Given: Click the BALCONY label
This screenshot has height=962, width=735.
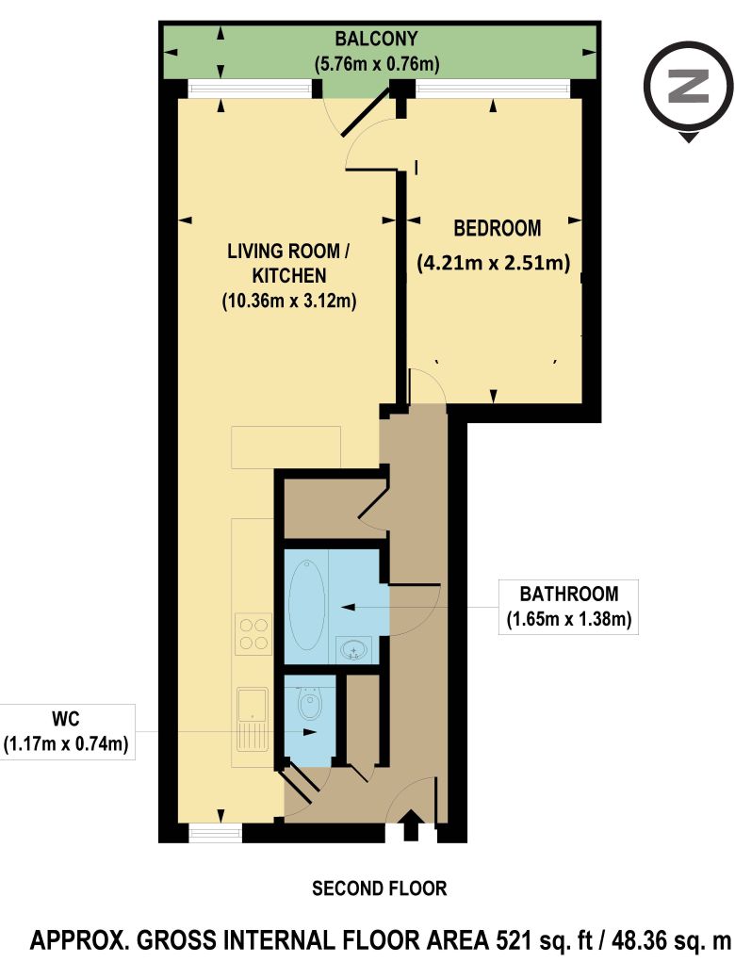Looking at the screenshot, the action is click(x=375, y=39).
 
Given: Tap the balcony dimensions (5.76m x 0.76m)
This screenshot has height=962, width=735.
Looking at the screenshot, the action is click(x=376, y=63).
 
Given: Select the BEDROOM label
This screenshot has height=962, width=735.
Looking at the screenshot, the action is click(x=497, y=228).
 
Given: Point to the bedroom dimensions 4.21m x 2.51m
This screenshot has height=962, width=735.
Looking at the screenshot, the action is click(x=494, y=263).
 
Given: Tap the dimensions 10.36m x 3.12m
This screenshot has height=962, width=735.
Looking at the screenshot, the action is click(x=289, y=302).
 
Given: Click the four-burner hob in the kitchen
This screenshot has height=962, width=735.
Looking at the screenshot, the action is click(x=254, y=634).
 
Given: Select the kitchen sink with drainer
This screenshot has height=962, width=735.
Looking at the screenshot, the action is click(x=253, y=720).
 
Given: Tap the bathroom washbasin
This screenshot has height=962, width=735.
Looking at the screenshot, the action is click(x=354, y=649).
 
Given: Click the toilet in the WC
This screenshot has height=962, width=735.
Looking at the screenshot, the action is click(x=310, y=703).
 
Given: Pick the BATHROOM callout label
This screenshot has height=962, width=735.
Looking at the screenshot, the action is click(x=569, y=594).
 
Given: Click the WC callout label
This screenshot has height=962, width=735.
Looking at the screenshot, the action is click(x=66, y=718).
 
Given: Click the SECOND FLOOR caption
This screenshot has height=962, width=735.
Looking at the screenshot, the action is click(x=379, y=888).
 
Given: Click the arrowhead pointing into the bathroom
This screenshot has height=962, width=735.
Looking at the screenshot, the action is click(x=348, y=607).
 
